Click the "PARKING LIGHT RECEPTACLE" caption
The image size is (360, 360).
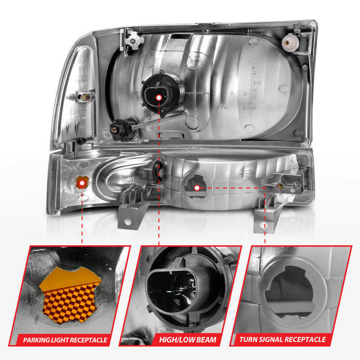click(x=65, y=340)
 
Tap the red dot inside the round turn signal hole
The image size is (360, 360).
click(x=197, y=187)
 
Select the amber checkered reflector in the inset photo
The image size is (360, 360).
click(x=70, y=295)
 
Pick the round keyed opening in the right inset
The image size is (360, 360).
click(x=288, y=288)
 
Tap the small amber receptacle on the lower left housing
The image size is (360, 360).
click(x=82, y=182)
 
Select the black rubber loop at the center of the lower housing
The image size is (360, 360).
click(x=157, y=171)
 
